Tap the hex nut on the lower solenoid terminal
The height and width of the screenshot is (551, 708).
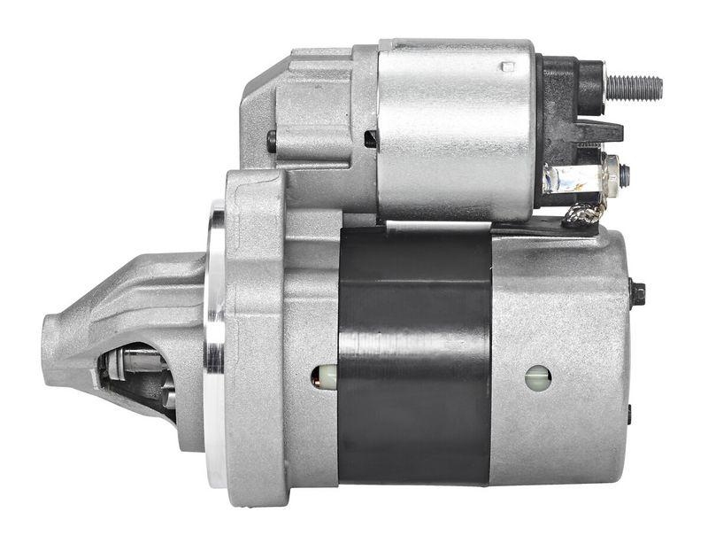611,174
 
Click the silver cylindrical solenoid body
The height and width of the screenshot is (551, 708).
456,128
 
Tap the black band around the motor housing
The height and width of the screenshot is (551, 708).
414,354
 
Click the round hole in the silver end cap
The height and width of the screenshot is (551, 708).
537,378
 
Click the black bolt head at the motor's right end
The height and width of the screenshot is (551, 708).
636,293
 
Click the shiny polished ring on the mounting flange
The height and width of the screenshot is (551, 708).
215,345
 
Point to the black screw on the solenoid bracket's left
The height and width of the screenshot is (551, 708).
272,140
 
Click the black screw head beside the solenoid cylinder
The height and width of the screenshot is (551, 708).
371,138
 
